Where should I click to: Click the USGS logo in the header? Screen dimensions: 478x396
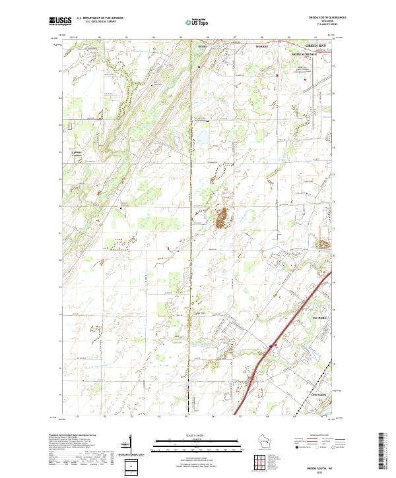coord(60,22)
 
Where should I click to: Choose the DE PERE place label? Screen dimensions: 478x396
coord(321,317)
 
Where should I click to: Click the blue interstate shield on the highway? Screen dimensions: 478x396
coord(271,345)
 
